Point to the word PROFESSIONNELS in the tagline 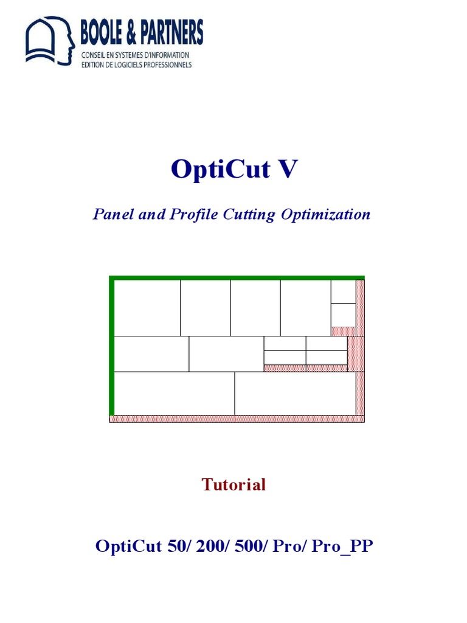click(x=165, y=64)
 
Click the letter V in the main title click(x=287, y=169)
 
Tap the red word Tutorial click(x=233, y=485)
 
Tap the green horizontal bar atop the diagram click(x=237, y=277)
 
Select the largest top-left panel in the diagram click(x=147, y=307)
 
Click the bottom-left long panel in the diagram click(x=174, y=393)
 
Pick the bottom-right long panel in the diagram click(x=295, y=393)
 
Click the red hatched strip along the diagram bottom click(x=237, y=419)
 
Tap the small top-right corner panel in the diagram click(x=343, y=291)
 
